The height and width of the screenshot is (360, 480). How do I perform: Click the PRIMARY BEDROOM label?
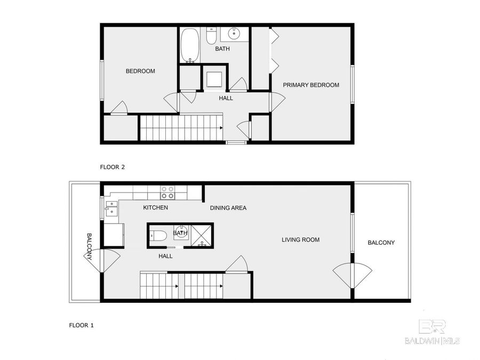tap(310, 85)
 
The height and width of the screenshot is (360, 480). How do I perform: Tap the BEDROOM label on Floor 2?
tap(140, 71)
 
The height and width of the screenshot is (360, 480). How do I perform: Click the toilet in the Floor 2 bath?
tap(211, 36)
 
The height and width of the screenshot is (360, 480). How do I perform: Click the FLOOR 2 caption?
tap(113, 167)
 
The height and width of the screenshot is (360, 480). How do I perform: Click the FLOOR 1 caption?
tap(82, 324)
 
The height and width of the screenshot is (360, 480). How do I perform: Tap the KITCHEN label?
tap(155, 207)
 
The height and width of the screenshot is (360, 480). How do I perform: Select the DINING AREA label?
tap(228, 208)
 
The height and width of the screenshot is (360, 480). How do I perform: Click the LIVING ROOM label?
tap(300, 240)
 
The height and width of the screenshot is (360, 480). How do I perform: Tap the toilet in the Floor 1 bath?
tap(159, 236)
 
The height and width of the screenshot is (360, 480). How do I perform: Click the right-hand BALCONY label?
tap(381, 243)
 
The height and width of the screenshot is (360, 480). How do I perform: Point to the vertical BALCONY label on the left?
tap(90, 246)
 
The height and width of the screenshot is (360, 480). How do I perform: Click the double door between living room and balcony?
tap(351, 275)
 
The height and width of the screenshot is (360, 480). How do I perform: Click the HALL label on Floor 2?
tap(226, 98)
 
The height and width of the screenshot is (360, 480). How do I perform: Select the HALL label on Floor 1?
tap(165, 256)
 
